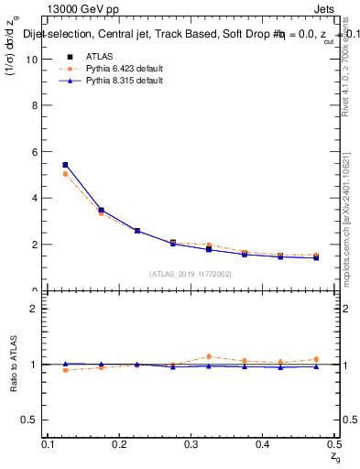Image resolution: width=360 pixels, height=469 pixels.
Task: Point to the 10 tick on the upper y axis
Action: point(36,59)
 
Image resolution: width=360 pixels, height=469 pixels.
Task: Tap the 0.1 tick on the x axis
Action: point(49,444)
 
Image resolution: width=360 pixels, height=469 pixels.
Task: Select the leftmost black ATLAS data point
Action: point(65,165)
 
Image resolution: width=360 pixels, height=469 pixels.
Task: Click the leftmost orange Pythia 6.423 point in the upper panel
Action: point(65,174)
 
